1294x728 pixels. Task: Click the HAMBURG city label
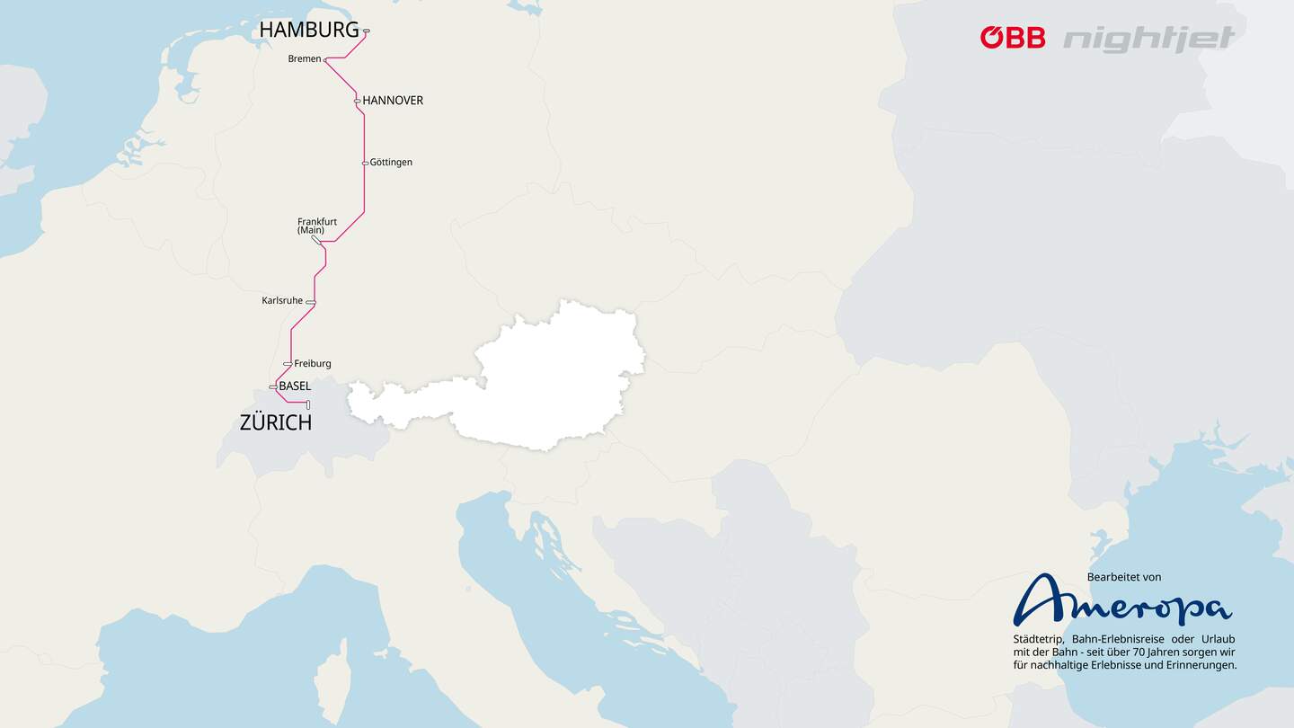(309, 30)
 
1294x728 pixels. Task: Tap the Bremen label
(305, 59)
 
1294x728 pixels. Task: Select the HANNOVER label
(393, 101)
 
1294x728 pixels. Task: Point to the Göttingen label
(391, 163)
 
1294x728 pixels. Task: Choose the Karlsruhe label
(282, 300)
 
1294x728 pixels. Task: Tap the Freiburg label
(313, 364)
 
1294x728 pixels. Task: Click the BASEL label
(295, 386)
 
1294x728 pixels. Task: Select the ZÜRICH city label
(276, 422)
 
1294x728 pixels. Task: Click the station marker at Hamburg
(367, 31)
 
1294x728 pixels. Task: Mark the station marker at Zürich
(307, 404)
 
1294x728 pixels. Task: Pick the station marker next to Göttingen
(365, 163)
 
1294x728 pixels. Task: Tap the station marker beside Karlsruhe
(310, 302)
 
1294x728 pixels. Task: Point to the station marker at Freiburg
(288, 364)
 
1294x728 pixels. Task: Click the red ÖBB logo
(1013, 38)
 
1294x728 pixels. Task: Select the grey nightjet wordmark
(1149, 39)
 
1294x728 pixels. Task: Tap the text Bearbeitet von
(1124, 577)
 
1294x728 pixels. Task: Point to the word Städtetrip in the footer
(1038, 639)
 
